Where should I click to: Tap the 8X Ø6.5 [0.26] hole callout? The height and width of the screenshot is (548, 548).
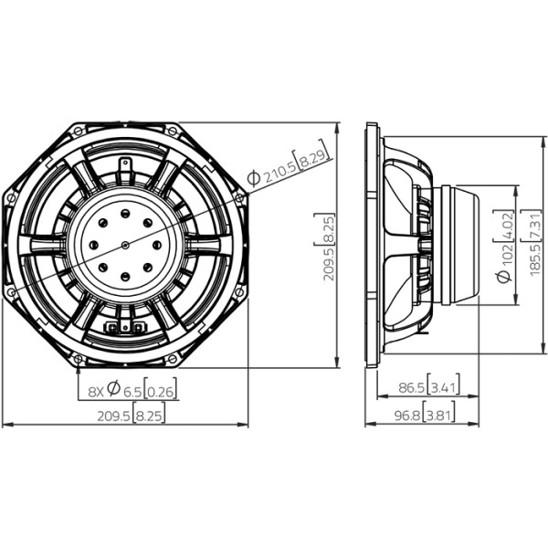click(132, 389)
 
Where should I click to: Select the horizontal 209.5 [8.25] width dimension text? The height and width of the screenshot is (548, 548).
click(131, 416)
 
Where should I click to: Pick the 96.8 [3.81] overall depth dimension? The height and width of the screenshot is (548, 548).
click(425, 416)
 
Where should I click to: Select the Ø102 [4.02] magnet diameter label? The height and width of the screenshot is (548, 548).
click(504, 246)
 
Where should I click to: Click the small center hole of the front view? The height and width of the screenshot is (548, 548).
click(126, 246)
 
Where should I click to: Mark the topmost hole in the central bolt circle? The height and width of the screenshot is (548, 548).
click(125, 213)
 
